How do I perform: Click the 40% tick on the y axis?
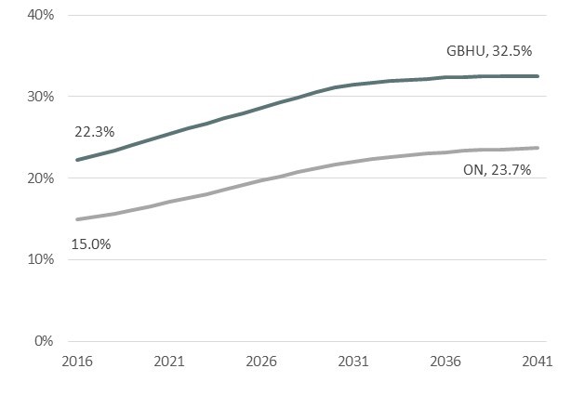[x=40, y=15]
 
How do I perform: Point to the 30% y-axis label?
[x=40, y=97]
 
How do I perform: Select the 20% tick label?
[x=40, y=178]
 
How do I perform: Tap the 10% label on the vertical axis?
[x=40, y=259]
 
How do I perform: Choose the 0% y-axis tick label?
[x=44, y=340]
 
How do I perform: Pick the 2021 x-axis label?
[x=168, y=361]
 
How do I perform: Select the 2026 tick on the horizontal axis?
[x=261, y=361]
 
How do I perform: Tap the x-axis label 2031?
[x=353, y=361]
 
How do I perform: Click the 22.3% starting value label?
[x=93, y=133]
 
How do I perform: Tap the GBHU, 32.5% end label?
[x=490, y=54]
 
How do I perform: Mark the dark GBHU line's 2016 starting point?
[x=77, y=160]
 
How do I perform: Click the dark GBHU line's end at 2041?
[x=538, y=76]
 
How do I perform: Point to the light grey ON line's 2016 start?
[x=77, y=219]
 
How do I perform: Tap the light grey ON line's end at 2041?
[x=538, y=148]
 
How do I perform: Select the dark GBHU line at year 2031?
[x=353, y=85]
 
